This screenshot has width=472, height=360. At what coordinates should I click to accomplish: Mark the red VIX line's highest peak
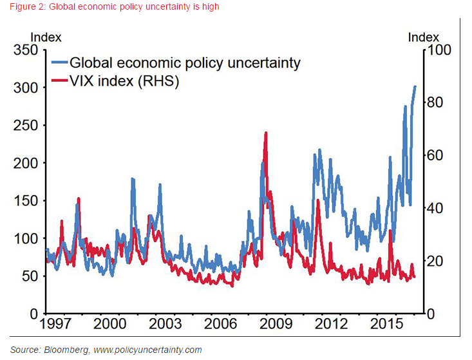coord(265,133)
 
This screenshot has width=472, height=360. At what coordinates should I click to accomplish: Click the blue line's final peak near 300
coord(415,86)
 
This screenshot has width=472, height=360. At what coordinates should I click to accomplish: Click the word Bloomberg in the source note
coord(70,350)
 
